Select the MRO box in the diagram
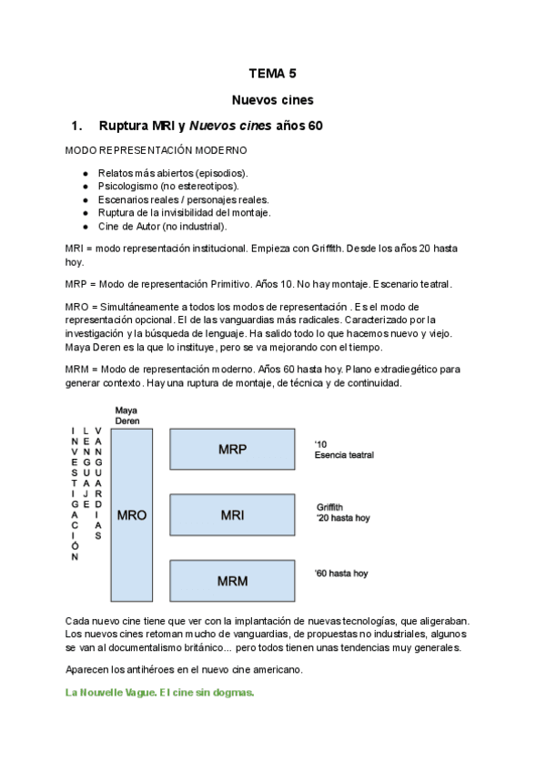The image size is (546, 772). tap(131, 515)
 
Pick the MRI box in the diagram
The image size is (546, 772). tap(232, 515)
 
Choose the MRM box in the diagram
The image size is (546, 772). tap(232, 580)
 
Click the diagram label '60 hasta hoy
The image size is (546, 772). tap(341, 574)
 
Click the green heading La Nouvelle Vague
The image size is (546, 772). tap(160, 692)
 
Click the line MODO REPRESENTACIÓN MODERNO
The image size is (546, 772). tap(156, 149)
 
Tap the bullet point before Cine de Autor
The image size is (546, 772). tap(85, 226)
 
